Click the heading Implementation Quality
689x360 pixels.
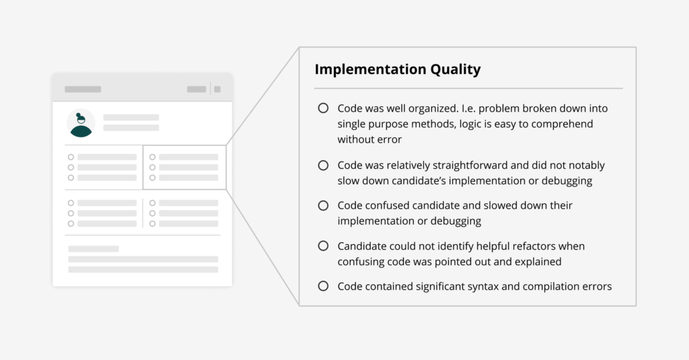click(x=398, y=69)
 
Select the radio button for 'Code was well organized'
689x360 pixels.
click(x=323, y=108)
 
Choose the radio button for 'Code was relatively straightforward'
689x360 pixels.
click(x=323, y=166)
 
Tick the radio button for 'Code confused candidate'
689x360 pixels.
click(x=323, y=205)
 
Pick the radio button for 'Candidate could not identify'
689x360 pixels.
click(x=323, y=246)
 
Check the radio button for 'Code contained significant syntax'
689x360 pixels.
click(x=323, y=286)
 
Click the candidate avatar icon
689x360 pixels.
click(x=81, y=123)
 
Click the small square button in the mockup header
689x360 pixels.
click(x=217, y=89)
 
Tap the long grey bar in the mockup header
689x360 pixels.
click(x=83, y=89)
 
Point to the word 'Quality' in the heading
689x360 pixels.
click(x=456, y=69)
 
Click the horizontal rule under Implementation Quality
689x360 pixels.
click(x=468, y=88)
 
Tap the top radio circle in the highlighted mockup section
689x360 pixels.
click(x=153, y=157)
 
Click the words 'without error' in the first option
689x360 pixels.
click(x=369, y=139)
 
